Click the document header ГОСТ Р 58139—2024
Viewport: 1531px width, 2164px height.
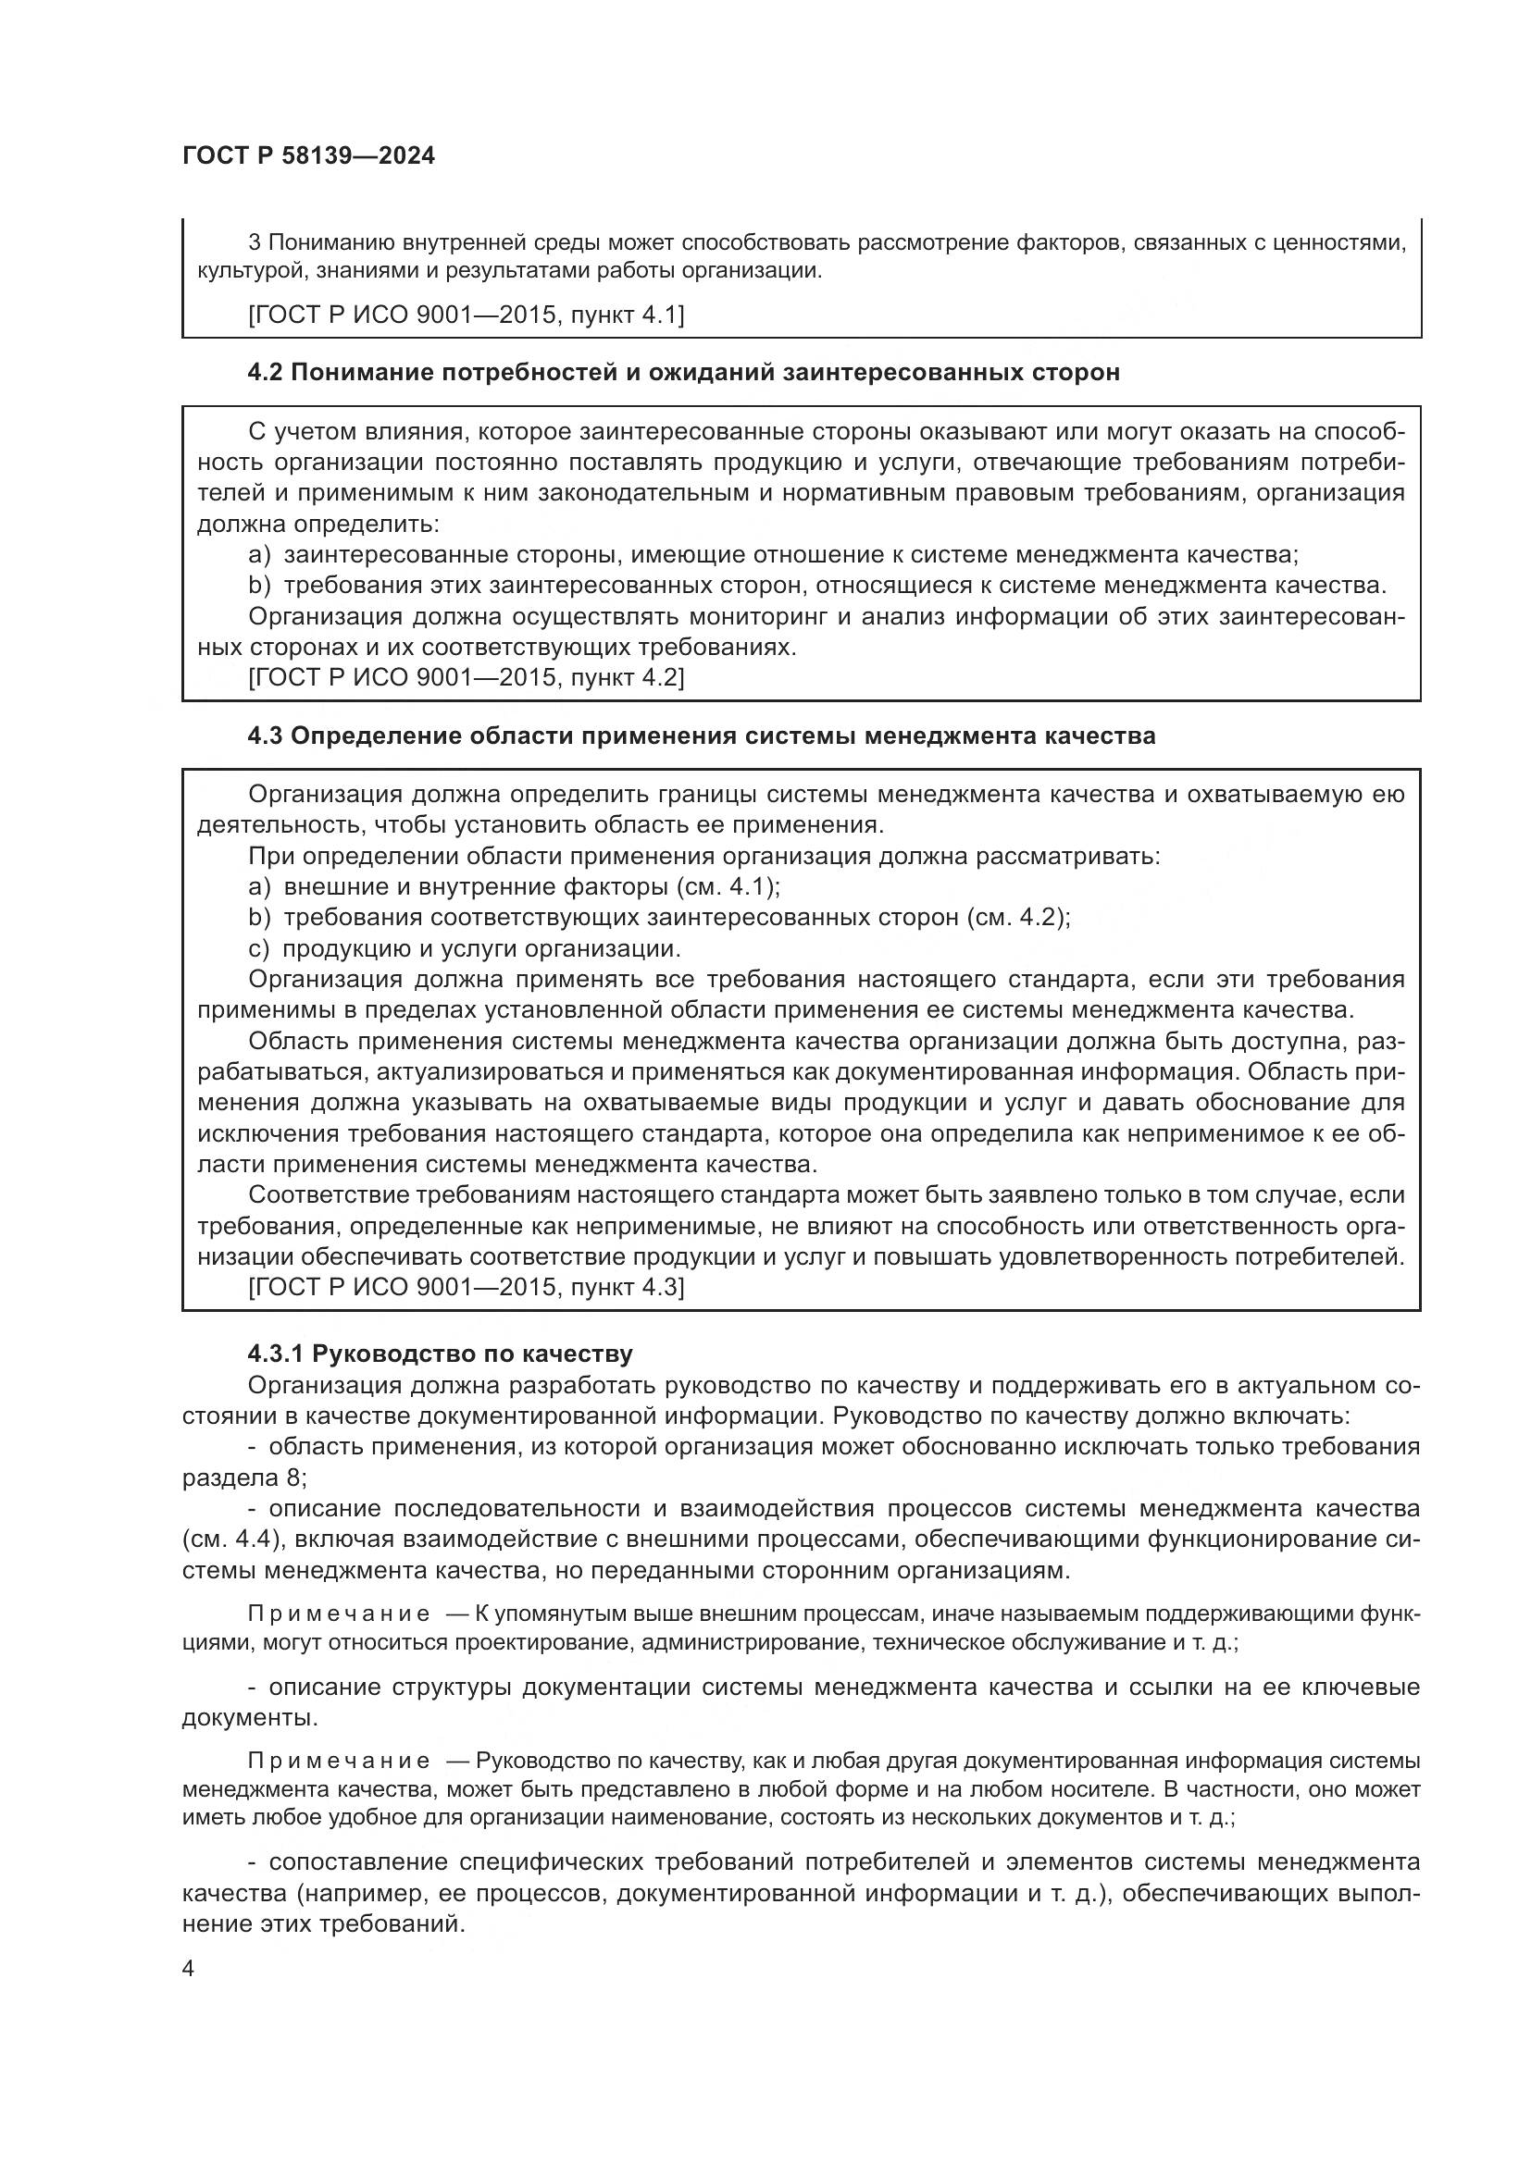pos(308,156)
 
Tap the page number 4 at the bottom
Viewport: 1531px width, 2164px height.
pos(188,1969)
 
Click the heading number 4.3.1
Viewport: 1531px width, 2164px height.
pos(275,1354)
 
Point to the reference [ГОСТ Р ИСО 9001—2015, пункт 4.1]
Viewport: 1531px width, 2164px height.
pos(466,315)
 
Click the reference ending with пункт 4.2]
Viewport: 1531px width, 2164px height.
pos(466,676)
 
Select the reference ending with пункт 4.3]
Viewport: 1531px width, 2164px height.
pos(466,1287)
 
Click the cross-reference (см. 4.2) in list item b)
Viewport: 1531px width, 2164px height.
pos(1018,917)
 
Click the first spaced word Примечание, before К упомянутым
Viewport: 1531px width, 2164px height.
pos(339,1614)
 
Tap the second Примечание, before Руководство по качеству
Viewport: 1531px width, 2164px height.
pos(339,1761)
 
